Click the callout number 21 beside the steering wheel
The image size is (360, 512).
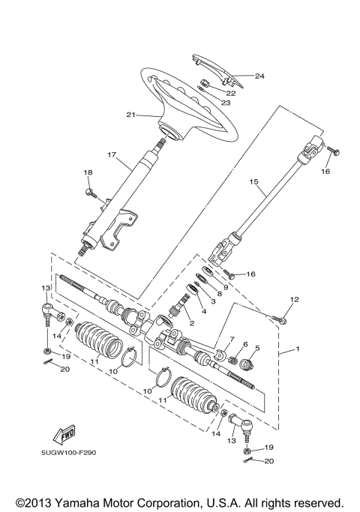(131, 115)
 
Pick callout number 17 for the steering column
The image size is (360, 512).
(112, 155)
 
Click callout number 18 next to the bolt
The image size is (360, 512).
(88, 173)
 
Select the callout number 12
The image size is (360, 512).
(294, 301)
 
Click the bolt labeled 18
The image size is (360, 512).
(92, 194)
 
